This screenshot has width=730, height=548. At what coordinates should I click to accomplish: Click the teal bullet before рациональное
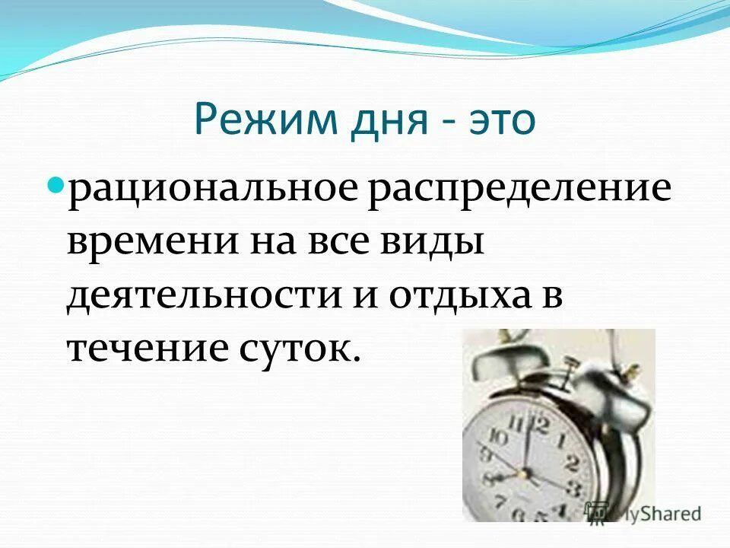click(55, 186)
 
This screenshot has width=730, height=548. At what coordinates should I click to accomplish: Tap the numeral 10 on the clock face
click(497, 437)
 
